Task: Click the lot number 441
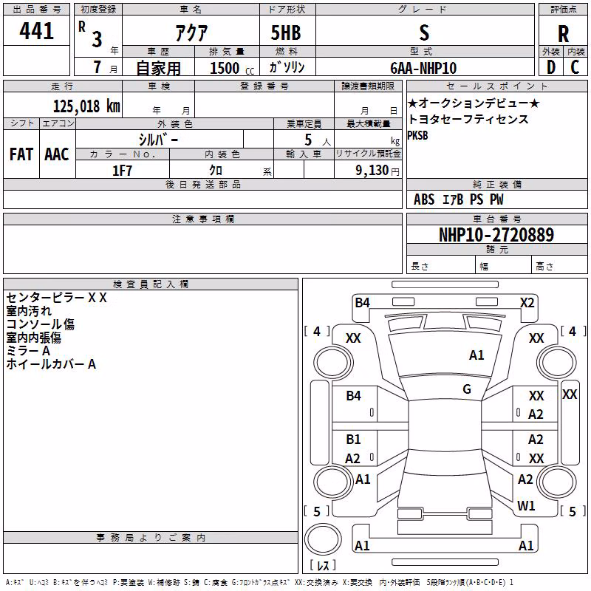click(36, 31)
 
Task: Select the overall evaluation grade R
click(563, 34)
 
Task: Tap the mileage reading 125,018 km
click(86, 106)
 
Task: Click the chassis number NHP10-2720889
click(496, 235)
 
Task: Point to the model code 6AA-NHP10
click(423, 68)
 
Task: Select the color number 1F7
click(122, 171)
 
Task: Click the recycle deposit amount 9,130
click(372, 171)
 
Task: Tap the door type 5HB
click(286, 33)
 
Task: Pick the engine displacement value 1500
click(225, 68)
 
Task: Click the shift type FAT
click(21, 154)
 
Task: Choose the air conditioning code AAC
click(57, 154)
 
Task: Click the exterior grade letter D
click(551, 67)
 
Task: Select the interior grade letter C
click(575, 67)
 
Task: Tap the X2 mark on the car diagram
click(527, 303)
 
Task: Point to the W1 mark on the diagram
click(526, 505)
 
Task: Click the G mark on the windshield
click(467, 389)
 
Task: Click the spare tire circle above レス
click(323, 539)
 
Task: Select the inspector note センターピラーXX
click(57, 298)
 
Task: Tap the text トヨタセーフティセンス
click(468, 120)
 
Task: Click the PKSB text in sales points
click(417, 135)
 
